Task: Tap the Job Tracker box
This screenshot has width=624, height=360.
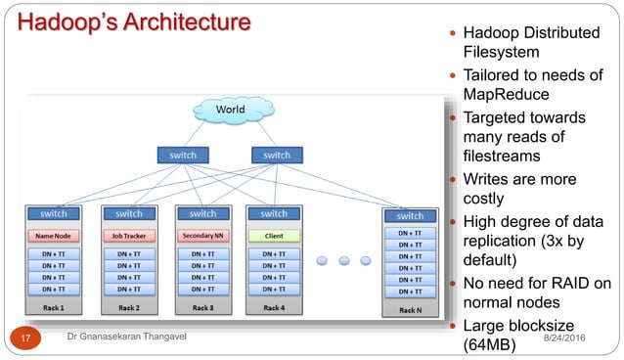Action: pyautogui.click(x=129, y=236)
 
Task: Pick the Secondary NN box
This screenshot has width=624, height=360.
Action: pyautogui.click(x=202, y=236)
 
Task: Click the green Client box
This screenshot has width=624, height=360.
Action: pyautogui.click(x=274, y=236)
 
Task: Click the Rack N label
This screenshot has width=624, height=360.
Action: pyautogui.click(x=410, y=310)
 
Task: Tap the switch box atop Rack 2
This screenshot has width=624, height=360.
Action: pyautogui.click(x=129, y=213)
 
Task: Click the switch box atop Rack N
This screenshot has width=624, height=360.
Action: pyautogui.click(x=410, y=215)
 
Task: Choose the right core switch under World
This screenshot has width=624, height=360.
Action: pyautogui.click(x=277, y=155)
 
